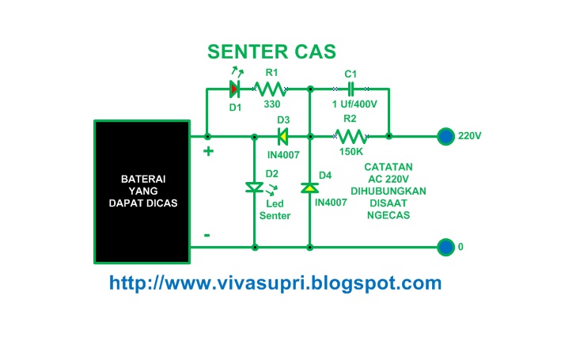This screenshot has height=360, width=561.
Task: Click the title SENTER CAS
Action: pyautogui.click(x=271, y=52)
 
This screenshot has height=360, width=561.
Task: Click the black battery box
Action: pyautogui.click(x=142, y=191)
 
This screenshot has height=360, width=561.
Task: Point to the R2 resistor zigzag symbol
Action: pyautogui.click(x=349, y=136)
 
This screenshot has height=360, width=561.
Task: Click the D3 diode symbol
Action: pyautogui.click(x=282, y=136)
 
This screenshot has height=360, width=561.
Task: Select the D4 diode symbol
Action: pyautogui.click(x=309, y=188)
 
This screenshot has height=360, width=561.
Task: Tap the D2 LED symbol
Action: pyautogui.click(x=254, y=188)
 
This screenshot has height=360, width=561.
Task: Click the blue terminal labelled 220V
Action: pyautogui.click(x=447, y=136)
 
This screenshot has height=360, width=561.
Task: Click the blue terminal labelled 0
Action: pyautogui.click(x=447, y=247)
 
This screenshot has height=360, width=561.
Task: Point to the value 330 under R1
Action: pyautogui.click(x=271, y=104)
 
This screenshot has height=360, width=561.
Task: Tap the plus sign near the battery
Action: pyautogui.click(x=209, y=151)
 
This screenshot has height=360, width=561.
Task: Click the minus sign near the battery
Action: pyautogui.click(x=207, y=235)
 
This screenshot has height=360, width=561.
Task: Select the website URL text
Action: pyautogui.click(x=275, y=282)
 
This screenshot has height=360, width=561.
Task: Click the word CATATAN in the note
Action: pyautogui.click(x=388, y=168)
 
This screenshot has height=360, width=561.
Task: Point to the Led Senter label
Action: pyautogui.click(x=275, y=210)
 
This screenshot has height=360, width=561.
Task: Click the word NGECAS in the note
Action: pyautogui.click(x=389, y=215)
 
